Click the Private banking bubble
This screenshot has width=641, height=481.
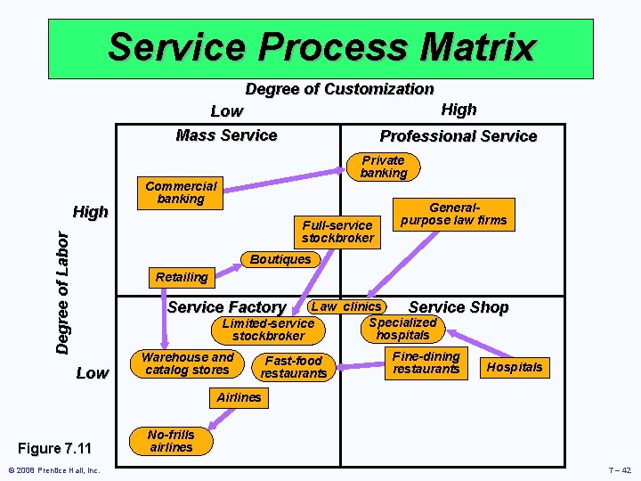pos(384,167)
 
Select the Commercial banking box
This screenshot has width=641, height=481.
pos(181,192)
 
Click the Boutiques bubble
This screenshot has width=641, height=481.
pos(280,259)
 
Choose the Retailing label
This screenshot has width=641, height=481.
pos(181,277)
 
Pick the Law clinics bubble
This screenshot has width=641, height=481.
pos(345,306)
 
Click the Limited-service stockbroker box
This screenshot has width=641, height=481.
pos(268,330)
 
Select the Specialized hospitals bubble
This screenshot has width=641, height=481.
pos(402,329)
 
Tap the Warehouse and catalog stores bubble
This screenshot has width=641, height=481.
pos(187,363)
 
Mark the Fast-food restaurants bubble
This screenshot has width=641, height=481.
pos(293,367)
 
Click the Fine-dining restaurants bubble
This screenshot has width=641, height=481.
pos(426,363)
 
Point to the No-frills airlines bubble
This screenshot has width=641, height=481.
pos(171,441)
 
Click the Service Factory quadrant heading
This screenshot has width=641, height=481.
pos(226,307)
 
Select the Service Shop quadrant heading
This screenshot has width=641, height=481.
pos(458,307)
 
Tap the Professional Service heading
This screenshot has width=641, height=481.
pos(458,136)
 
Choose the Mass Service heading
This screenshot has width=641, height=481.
pos(226,135)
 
